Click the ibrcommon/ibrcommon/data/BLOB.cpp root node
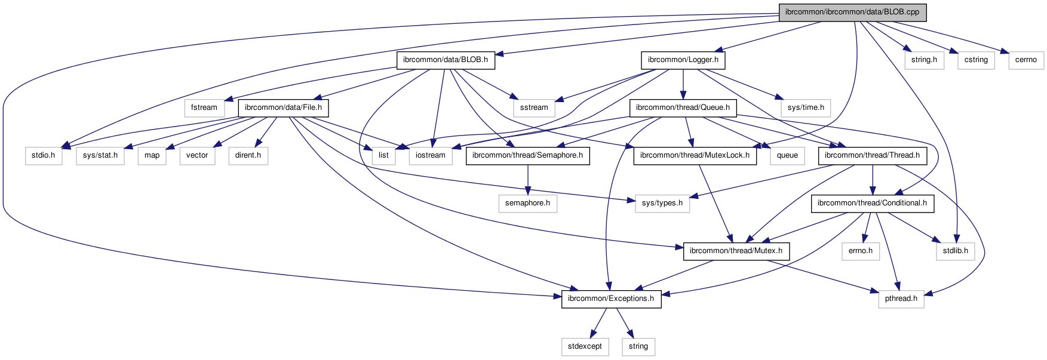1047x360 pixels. pyautogui.click(x=852, y=12)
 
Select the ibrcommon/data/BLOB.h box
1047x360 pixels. pyautogui.click(x=446, y=60)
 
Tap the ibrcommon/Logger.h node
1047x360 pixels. pyautogui.click(x=683, y=60)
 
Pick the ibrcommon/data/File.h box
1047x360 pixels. pyautogui.click(x=283, y=107)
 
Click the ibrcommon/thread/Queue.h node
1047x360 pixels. pyautogui.click(x=683, y=107)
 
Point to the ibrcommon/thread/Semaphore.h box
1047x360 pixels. pyautogui.click(x=527, y=155)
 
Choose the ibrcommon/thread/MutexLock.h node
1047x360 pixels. pyautogui.click(x=695, y=155)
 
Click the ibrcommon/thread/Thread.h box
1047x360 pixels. pyautogui.click(x=872, y=155)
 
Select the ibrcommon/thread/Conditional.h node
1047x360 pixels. pyautogui.click(x=872, y=203)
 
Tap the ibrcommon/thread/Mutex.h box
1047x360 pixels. pyautogui.click(x=736, y=251)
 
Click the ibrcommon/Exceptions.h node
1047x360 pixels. pyautogui.click(x=610, y=299)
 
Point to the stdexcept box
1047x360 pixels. pyautogui.click(x=585, y=346)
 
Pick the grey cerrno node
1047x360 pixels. pyautogui.click(x=1025, y=60)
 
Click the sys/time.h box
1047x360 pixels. pyautogui.click(x=805, y=107)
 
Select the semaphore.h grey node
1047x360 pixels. pyautogui.click(x=527, y=203)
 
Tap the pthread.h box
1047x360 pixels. pyautogui.click(x=901, y=299)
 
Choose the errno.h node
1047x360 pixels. pyautogui.click(x=860, y=251)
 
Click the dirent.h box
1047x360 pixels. pyautogui.click(x=248, y=155)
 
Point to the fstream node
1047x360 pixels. pyautogui.click(x=204, y=107)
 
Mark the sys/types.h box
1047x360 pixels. pyautogui.click(x=662, y=203)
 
